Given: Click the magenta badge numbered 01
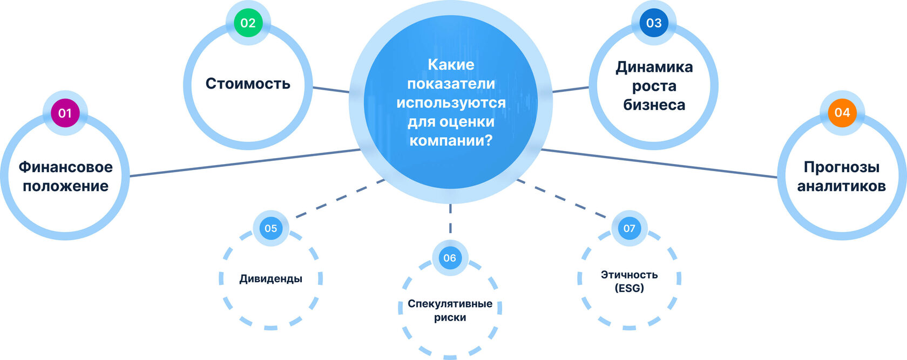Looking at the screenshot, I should point(65,113).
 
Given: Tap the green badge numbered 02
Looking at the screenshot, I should point(248,23).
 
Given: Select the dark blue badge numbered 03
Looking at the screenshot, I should point(653,23).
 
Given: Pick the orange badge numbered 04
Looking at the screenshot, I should point(842,112).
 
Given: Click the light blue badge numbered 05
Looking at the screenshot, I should point(270,228).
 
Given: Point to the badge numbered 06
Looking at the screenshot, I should point(450,258).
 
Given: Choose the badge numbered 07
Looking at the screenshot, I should point(629,228).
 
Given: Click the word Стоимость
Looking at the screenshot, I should point(248,84).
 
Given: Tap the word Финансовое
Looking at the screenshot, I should point(66,167).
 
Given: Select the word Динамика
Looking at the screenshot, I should point(654,67).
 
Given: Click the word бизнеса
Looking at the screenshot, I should point(654,105).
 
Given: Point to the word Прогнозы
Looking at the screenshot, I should point(841,167).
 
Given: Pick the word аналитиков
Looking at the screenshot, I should point(841,186).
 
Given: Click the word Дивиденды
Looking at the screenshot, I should point(270,279).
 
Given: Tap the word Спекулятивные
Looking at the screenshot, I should point(450,303).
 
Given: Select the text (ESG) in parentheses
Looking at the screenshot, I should point(629,288).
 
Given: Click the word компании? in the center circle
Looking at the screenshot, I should point(451,141).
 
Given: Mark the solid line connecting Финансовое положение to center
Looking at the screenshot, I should point(243,162).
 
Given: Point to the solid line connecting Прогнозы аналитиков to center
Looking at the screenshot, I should point(659,163).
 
